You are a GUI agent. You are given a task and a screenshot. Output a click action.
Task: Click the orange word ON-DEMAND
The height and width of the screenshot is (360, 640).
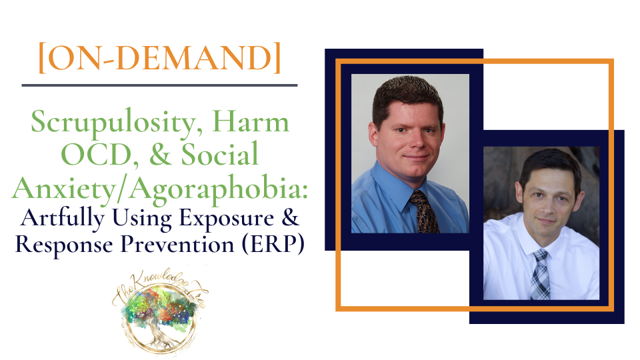[159, 57]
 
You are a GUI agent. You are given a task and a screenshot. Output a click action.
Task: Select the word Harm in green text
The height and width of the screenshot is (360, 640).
[251, 121]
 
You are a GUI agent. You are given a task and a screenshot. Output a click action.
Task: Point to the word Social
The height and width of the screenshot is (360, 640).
[219, 153]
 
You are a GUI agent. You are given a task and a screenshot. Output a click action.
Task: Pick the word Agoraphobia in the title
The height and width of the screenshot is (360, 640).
[219, 189]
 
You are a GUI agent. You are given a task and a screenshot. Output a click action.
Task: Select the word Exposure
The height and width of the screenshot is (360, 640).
[227, 219]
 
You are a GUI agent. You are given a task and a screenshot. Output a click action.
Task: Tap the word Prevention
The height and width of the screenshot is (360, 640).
[177, 245]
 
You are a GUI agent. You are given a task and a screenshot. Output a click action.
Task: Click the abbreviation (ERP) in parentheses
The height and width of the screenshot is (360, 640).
[273, 245]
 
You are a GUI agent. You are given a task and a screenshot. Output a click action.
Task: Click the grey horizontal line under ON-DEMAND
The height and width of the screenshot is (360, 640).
[159, 85]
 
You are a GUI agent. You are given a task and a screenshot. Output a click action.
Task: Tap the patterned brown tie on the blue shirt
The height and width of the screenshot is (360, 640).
[425, 211]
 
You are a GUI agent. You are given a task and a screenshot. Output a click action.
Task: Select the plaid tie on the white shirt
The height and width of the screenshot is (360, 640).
[541, 275]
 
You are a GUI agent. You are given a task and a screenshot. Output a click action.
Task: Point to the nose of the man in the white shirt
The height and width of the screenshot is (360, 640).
[546, 209]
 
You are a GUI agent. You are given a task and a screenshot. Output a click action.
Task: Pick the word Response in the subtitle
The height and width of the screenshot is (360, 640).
[64, 245]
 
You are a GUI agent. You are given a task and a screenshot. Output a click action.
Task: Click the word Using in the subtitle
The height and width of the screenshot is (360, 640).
[142, 219]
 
